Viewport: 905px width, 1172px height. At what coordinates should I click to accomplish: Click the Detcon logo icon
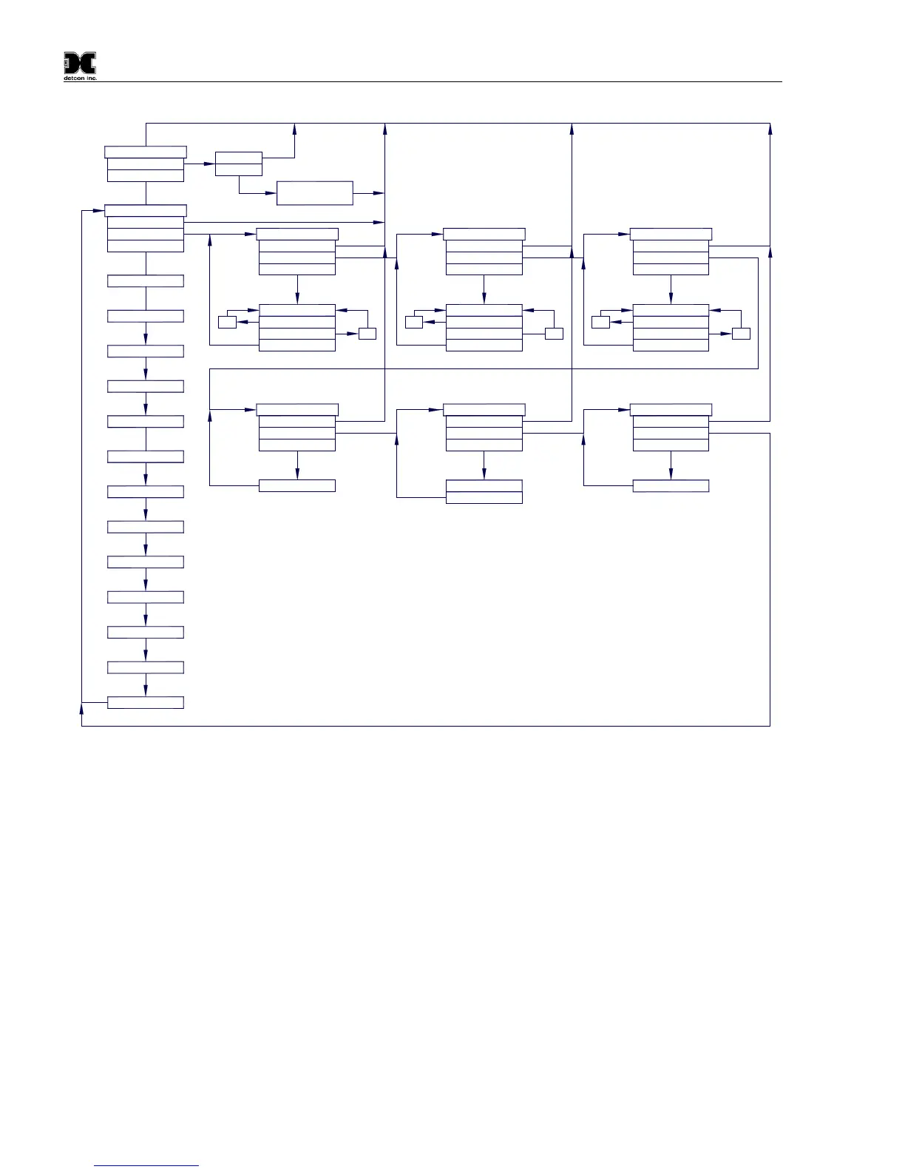click(x=79, y=64)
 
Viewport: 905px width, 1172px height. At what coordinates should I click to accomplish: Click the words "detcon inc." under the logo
click(x=80, y=78)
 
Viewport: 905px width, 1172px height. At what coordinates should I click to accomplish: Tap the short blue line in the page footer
click(x=147, y=1165)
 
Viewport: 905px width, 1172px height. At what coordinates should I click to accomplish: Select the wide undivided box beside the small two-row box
click(x=315, y=193)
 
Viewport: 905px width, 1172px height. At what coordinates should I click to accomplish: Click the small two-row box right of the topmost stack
click(x=238, y=164)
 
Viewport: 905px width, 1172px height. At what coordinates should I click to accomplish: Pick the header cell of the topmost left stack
click(x=146, y=152)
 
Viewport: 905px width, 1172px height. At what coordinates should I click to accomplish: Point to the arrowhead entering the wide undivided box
click(x=271, y=193)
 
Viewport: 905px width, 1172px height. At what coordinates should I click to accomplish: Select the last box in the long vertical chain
click(x=146, y=702)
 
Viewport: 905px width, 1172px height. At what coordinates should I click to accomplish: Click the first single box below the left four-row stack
click(x=146, y=281)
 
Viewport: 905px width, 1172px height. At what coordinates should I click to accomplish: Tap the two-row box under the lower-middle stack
click(x=484, y=491)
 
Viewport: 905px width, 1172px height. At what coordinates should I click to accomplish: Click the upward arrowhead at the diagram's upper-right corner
click(x=770, y=129)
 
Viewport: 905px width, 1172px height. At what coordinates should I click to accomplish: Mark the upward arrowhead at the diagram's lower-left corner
click(x=81, y=710)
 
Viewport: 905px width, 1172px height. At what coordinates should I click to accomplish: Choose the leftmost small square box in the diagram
click(x=227, y=322)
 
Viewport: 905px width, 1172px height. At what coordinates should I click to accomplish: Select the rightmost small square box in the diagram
click(x=741, y=334)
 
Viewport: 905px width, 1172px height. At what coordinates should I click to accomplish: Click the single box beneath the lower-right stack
click(x=671, y=486)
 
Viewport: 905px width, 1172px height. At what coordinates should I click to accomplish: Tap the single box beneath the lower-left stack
click(x=297, y=486)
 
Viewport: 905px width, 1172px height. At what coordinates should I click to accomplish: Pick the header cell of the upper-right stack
click(x=671, y=235)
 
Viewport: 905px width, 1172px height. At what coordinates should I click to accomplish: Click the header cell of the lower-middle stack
click(x=484, y=410)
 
